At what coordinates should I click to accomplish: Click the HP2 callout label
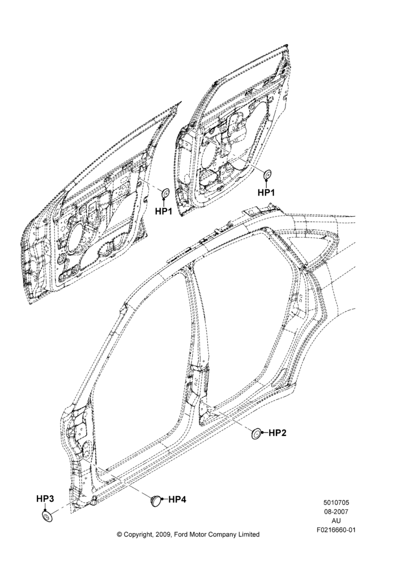[278, 433]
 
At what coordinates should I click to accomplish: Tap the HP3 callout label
[45, 498]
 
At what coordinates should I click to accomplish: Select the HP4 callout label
[177, 500]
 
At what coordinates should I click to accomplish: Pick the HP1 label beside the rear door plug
[266, 192]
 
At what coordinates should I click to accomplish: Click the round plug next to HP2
[256, 434]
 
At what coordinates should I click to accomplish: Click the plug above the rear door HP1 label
[267, 174]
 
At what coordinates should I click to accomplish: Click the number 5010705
[336, 502]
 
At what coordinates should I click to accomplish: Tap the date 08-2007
[336, 511]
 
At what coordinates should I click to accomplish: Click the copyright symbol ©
[119, 535]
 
